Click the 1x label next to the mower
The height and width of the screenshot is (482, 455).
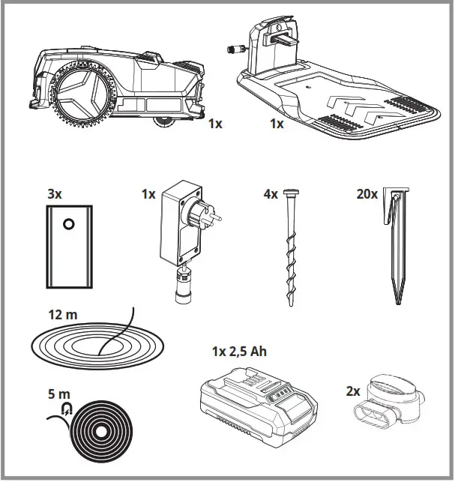click(x=215, y=124)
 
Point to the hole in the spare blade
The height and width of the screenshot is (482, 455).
click(x=68, y=223)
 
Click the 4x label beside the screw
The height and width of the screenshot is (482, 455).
click(x=269, y=194)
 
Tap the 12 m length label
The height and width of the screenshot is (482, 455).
click(x=61, y=316)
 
